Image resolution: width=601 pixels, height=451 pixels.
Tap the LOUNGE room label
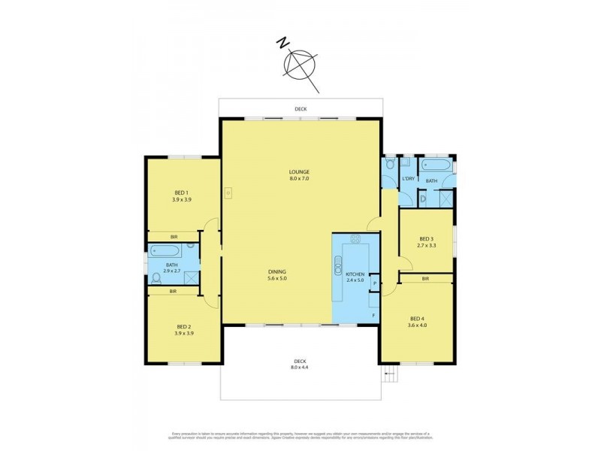(x=300, y=175)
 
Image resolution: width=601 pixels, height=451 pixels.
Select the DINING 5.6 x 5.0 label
(x=278, y=274)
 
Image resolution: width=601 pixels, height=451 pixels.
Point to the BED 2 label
(x=183, y=329)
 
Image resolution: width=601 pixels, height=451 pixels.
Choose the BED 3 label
(x=426, y=243)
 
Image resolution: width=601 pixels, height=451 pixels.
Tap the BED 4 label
(x=418, y=321)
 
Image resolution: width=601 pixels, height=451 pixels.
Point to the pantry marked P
(x=374, y=283)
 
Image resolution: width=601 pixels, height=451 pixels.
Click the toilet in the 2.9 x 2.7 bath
(x=156, y=278)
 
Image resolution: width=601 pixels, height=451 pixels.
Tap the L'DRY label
(x=408, y=178)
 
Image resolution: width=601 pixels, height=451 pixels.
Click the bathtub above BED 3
(x=436, y=165)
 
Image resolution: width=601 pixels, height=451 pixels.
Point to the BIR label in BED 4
(x=425, y=279)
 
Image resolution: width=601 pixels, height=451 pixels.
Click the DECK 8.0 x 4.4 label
(x=300, y=363)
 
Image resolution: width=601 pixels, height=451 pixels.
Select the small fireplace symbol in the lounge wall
(x=227, y=192)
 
